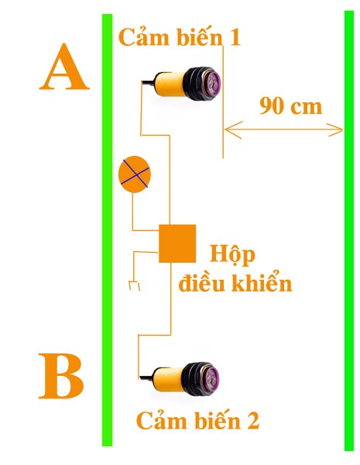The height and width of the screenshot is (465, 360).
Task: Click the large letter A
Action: [x=64, y=67]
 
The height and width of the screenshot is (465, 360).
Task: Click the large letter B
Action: [x=61, y=376]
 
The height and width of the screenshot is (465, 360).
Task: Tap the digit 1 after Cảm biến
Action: [x=235, y=38]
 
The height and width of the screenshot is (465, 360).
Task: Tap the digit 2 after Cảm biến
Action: [x=252, y=421]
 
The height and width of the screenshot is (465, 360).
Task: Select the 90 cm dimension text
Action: [x=290, y=106]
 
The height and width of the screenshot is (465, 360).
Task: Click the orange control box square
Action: [x=177, y=243]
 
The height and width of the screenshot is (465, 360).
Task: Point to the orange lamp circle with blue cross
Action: [x=135, y=174]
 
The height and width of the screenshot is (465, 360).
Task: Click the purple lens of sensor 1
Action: [x=214, y=84]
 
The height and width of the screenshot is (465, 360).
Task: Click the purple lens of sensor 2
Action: [x=211, y=379]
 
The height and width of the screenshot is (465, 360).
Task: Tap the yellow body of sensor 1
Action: [x=170, y=84]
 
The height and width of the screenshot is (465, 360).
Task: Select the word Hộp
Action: [x=232, y=255]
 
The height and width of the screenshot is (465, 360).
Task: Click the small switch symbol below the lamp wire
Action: [x=134, y=285]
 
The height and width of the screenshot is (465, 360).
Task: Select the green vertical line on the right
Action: [x=349, y=230]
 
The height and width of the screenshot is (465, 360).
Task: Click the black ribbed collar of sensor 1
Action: [x=195, y=84]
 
